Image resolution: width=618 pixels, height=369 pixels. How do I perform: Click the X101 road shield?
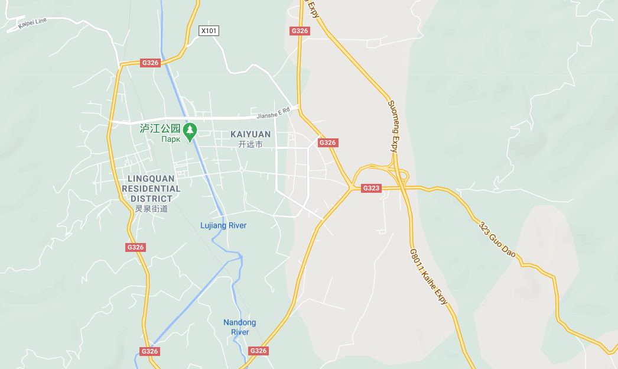209,30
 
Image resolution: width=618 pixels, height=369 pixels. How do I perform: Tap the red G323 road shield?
371,188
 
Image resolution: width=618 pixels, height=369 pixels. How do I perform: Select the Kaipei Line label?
32,22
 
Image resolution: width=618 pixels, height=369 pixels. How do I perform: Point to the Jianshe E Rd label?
273,112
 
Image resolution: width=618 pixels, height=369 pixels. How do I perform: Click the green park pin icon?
190,131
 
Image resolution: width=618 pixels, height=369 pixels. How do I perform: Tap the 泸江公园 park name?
160,128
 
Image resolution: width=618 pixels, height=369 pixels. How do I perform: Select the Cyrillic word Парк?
171,140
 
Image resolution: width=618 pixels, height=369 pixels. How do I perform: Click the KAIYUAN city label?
251,134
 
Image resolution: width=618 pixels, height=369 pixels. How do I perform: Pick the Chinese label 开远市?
251,144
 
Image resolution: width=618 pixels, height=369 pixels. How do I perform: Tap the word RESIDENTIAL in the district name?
151,189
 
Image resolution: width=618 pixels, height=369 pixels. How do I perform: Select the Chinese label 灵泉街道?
151,209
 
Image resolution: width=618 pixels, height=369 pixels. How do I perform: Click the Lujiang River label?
223,225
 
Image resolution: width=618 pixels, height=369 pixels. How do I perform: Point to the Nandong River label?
240,327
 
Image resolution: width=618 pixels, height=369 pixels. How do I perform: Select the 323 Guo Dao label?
497,240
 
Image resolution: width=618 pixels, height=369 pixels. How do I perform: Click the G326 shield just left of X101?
150,63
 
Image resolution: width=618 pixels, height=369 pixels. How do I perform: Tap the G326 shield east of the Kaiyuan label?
327,143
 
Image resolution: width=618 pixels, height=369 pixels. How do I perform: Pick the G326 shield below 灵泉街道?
135,247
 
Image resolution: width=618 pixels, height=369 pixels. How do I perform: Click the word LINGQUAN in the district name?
151,179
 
